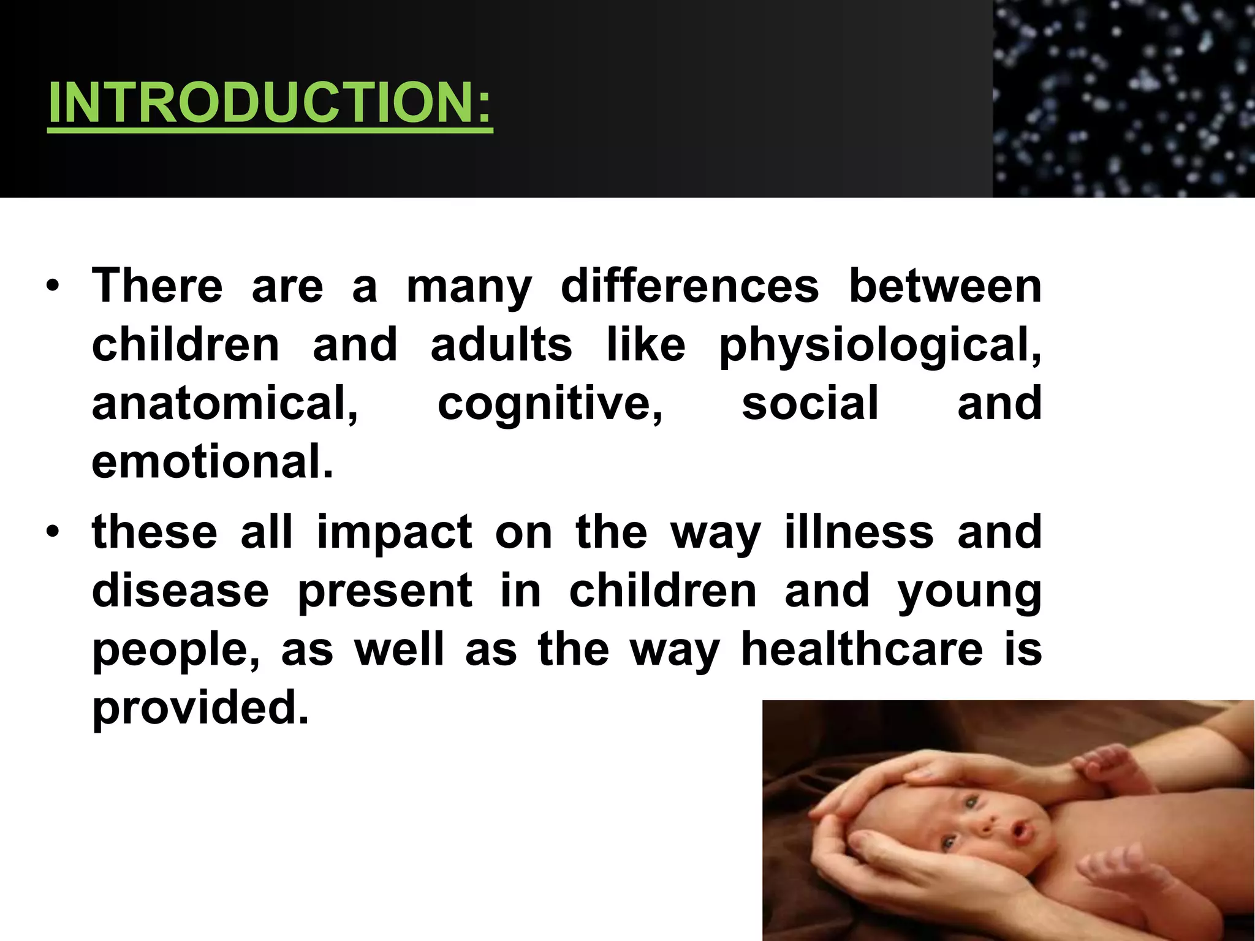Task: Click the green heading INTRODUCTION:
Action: [270, 103]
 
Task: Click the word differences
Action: [689, 286]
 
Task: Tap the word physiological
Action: [880, 345]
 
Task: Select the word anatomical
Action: [225, 403]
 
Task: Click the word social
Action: [810, 403]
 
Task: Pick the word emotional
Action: [213, 461]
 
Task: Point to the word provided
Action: [200, 708]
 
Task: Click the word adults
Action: [501, 345]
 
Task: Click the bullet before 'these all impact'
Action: [53, 532]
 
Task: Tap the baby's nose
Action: [988, 824]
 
